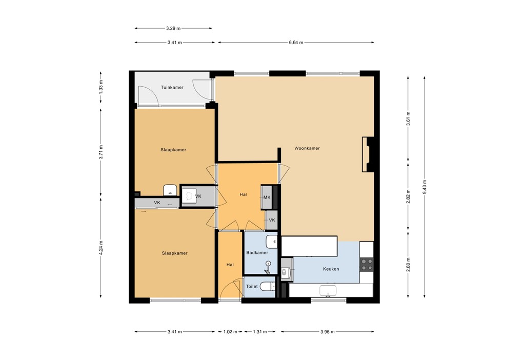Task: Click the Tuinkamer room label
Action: [172, 88]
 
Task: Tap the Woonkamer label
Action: [307, 149]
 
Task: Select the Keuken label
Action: [331, 269]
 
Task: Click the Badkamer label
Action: [257, 253]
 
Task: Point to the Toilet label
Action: [252, 287]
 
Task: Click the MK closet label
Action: [267, 197]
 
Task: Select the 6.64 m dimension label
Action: [296, 43]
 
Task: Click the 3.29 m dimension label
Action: [173, 28]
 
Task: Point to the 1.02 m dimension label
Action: [230, 332]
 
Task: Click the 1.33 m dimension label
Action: [101, 88]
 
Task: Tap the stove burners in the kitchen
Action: [367, 264]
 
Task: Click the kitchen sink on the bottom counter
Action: [328, 291]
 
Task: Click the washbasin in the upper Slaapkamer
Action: [170, 190]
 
